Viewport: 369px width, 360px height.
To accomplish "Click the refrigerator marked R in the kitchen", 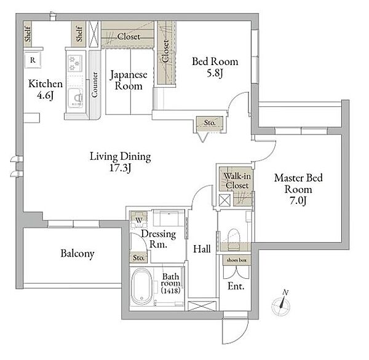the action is coord(33,60).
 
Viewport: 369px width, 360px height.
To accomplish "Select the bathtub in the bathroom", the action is coord(141,287).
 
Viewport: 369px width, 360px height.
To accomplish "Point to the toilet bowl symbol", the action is coord(234,238).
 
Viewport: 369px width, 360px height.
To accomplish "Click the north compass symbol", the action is coord(281,303).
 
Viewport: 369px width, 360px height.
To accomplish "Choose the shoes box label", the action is coord(237,260).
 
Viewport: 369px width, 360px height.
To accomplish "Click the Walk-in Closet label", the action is coord(237,181).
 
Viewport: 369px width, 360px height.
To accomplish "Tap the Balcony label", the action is coord(77,254).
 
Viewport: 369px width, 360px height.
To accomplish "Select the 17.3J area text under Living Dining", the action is coord(121,168).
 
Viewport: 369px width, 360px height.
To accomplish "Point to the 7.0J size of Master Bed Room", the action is coord(298,201).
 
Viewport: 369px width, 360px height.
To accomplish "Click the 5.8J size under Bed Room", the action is coord(215,73).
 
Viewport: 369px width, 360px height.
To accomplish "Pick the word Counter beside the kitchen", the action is coord(95,84).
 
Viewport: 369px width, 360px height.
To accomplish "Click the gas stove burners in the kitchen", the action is coord(75,63).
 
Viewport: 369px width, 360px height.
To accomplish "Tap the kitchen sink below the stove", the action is coord(76,98).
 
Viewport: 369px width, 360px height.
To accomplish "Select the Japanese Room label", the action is coord(129,80).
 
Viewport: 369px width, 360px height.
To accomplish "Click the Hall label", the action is coord(202,249).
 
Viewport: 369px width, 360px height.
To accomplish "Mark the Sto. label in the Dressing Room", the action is coord(138,258).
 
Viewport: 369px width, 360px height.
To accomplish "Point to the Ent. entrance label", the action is coord(236,286).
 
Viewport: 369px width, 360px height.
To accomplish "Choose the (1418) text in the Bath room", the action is coord(171,291).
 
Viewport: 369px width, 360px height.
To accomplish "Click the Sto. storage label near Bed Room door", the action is coord(210,122).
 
